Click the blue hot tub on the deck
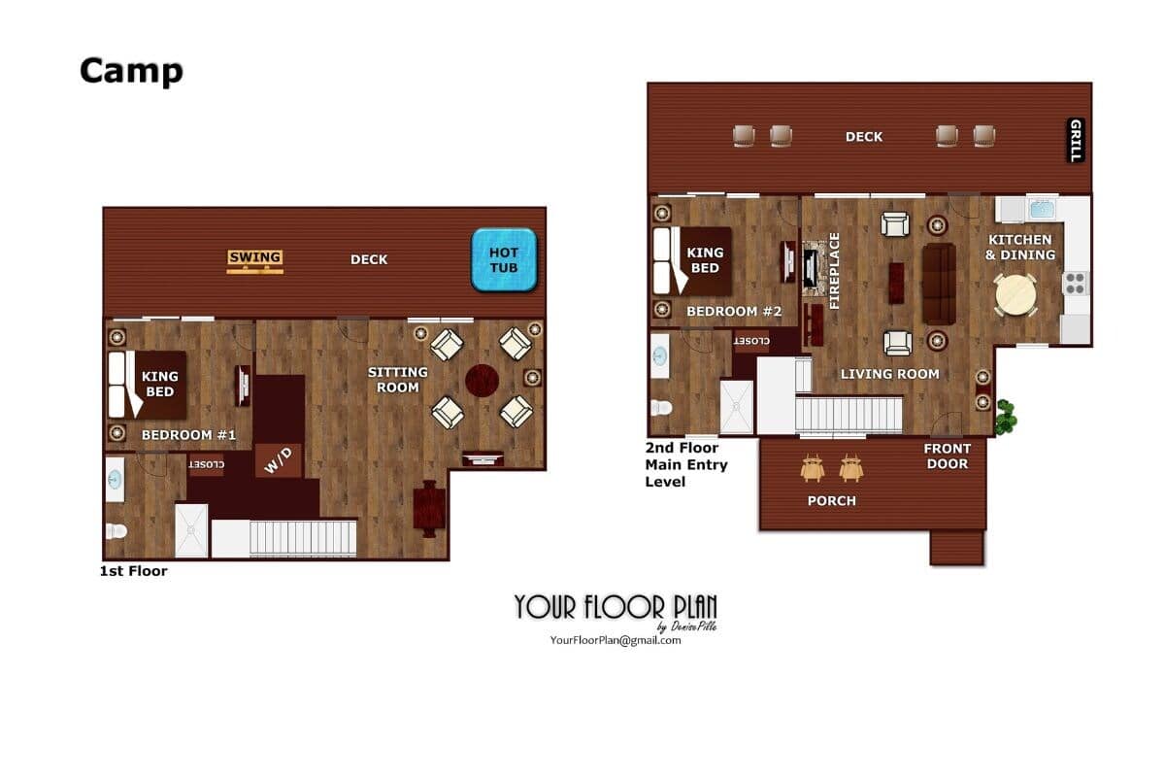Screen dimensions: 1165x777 pyautogui.click(x=504, y=259)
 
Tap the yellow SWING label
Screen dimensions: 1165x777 pyautogui.click(x=254, y=257)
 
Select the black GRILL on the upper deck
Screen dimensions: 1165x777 pyautogui.click(x=1075, y=140)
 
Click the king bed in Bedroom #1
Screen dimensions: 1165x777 pyautogui.click(x=148, y=385)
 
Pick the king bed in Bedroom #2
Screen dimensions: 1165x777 pyautogui.click(x=692, y=260)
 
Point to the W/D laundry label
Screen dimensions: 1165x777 pyautogui.click(x=279, y=460)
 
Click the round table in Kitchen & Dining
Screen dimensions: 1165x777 pyautogui.click(x=1015, y=295)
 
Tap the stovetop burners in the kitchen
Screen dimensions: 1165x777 pyautogui.click(x=1075, y=284)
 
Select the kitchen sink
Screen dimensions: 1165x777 pyautogui.click(x=1043, y=209)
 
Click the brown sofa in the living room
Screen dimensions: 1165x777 pyautogui.click(x=939, y=284)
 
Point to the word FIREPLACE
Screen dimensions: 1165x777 pyautogui.click(x=834, y=271)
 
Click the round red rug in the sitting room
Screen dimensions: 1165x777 pyautogui.click(x=482, y=381)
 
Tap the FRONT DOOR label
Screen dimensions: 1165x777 pyautogui.click(x=948, y=456)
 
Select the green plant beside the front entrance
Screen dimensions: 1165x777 pyautogui.click(x=1006, y=417)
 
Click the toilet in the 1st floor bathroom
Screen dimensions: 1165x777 pyautogui.click(x=116, y=531)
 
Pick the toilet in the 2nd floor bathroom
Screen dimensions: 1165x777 pyautogui.click(x=661, y=407)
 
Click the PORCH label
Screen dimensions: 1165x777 pyautogui.click(x=831, y=500)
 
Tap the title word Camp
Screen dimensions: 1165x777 pyautogui.click(x=131, y=71)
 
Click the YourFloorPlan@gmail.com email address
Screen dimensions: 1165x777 pyautogui.click(x=616, y=640)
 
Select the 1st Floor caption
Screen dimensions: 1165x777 pyautogui.click(x=133, y=571)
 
